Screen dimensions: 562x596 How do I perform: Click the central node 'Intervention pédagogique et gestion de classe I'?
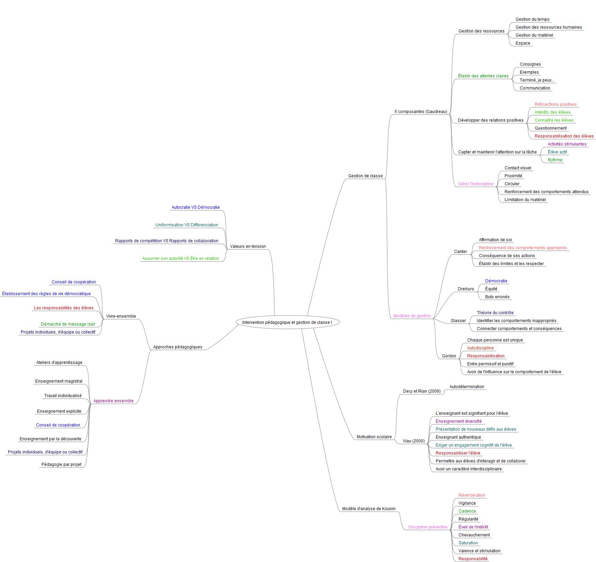(287, 322)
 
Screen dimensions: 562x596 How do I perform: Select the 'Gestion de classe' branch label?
(365, 176)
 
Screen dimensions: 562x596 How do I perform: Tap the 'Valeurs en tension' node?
(248, 246)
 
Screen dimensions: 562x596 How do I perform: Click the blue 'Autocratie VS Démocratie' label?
(196, 207)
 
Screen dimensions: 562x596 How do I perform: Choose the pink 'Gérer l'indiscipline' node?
(476, 184)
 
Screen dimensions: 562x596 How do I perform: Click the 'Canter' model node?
(460, 252)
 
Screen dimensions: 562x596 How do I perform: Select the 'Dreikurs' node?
(466, 289)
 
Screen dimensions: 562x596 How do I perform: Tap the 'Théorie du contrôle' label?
(495, 313)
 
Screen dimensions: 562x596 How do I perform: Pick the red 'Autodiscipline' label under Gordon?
(480, 348)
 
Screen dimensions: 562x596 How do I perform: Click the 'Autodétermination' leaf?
(467, 387)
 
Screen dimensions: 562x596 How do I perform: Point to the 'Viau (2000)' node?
(414, 441)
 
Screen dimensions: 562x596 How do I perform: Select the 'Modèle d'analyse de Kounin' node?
(369, 509)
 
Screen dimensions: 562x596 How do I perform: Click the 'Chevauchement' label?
(474, 535)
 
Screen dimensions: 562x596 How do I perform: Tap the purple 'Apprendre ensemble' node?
(113, 401)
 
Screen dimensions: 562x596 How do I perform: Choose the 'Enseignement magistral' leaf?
(59, 381)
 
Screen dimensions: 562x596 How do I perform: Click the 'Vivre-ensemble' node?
(121, 316)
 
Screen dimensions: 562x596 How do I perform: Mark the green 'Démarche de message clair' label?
(68, 324)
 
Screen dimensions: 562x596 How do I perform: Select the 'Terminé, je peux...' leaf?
(537, 80)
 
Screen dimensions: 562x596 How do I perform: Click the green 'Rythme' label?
(555, 160)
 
